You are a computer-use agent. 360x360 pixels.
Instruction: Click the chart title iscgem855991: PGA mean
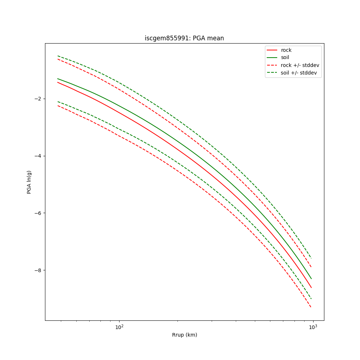click(x=184, y=38)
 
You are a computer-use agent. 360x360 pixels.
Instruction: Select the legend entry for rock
click(x=286, y=50)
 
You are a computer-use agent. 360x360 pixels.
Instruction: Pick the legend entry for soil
click(x=285, y=58)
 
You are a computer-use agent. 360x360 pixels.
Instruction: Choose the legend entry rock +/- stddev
click(x=300, y=65)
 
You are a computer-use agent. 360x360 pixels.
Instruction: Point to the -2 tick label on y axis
click(x=38, y=99)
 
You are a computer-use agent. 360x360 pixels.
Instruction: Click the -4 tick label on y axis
click(x=38, y=156)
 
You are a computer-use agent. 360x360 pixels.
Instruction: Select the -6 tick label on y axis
click(x=38, y=213)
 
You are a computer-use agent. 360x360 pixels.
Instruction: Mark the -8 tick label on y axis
click(x=38, y=270)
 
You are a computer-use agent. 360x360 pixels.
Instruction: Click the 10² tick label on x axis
click(x=119, y=327)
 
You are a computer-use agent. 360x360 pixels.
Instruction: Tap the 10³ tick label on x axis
click(x=313, y=327)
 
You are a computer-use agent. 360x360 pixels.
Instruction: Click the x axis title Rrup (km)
click(x=184, y=335)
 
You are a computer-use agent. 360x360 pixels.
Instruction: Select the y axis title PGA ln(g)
click(x=29, y=182)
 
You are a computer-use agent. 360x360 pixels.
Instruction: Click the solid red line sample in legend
click(x=272, y=50)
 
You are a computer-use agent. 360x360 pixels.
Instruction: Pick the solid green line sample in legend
click(x=272, y=58)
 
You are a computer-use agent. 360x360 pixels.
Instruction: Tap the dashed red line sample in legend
click(x=272, y=65)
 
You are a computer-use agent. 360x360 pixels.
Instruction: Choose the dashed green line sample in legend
click(x=272, y=73)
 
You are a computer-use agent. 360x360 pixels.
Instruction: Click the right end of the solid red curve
click(x=311, y=288)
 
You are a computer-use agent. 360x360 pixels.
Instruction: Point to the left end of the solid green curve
click(x=58, y=78)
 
